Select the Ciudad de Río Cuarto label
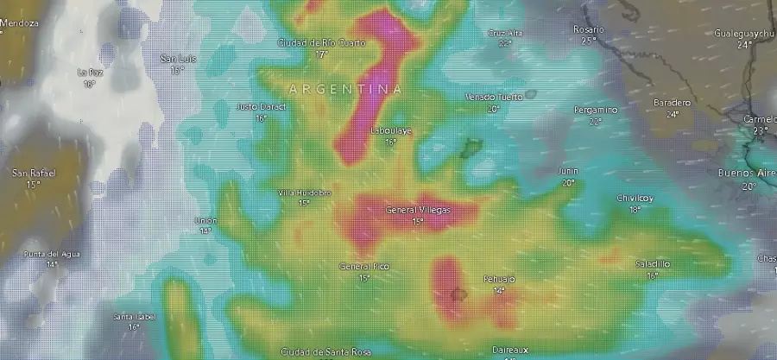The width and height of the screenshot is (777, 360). (322, 42)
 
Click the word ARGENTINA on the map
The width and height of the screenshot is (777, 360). (345, 89)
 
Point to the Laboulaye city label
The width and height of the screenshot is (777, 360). (390, 130)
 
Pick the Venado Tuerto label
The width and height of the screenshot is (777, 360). (494, 97)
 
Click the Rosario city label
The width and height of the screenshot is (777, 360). (589, 29)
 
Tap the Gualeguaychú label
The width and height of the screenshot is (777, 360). (744, 33)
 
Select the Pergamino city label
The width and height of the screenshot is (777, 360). (597, 110)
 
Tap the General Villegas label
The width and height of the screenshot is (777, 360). (418, 210)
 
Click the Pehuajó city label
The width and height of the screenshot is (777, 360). (498, 280)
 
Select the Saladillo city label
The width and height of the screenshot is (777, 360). (652, 264)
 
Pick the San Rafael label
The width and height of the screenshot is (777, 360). (33, 174)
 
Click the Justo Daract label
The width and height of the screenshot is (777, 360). (261, 106)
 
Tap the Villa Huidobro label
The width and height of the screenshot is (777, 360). (304, 193)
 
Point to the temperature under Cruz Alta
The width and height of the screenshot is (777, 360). (505, 42)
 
